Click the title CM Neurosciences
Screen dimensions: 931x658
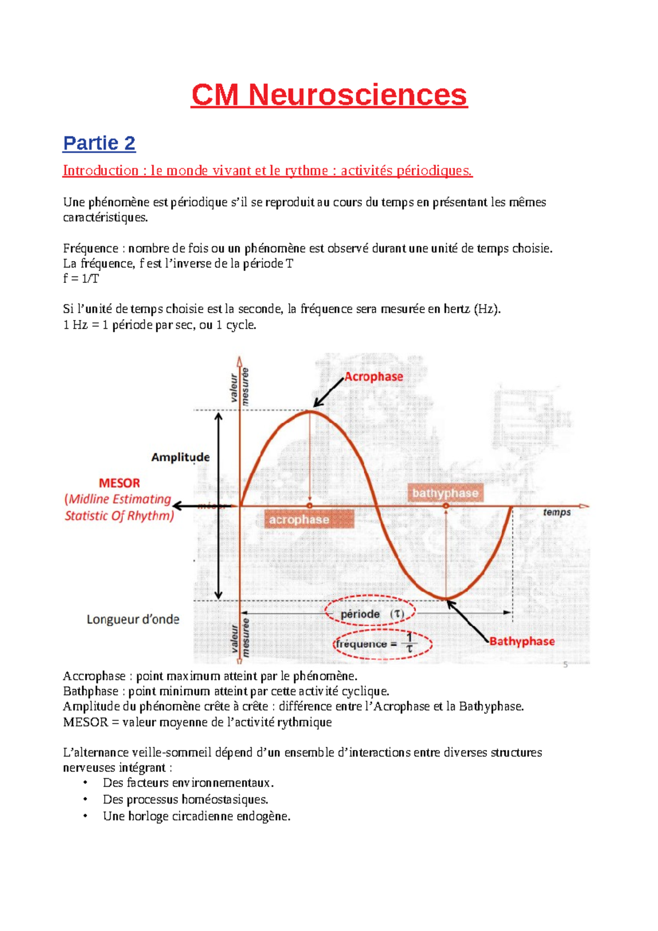click(329, 95)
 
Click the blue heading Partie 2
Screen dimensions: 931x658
click(99, 143)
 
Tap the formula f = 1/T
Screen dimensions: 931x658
click(81, 279)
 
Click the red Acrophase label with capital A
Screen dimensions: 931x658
click(373, 377)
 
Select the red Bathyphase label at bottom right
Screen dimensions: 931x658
click(521, 641)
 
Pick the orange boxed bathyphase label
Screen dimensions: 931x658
click(445, 493)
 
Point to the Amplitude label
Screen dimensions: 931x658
click(180, 457)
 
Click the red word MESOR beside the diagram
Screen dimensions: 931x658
click(119, 483)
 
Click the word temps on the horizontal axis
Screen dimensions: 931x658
click(557, 512)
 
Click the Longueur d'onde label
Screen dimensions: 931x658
click(133, 619)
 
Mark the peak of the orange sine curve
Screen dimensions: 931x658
click(310, 411)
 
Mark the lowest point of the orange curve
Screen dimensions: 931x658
click(447, 598)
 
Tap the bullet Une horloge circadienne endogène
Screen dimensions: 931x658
click(196, 816)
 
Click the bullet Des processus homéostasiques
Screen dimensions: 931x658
click(185, 799)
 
